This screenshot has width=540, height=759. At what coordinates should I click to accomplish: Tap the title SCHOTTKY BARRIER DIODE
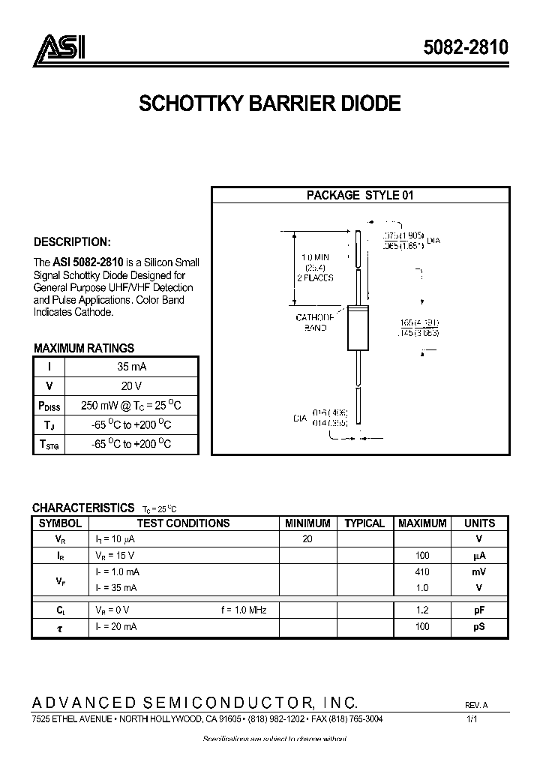269,103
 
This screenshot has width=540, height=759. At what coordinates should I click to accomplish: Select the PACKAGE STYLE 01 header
360,195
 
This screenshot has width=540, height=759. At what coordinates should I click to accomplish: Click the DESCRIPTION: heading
72,242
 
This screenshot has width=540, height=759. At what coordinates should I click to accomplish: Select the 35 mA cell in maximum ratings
131,367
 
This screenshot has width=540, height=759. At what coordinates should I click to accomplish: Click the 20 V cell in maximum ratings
131,386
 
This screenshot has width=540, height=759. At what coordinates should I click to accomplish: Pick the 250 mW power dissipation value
131,406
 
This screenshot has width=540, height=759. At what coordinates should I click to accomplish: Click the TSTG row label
48,445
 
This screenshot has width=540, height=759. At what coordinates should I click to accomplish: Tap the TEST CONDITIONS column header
183,523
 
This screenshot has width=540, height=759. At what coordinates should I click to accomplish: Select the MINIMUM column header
307,523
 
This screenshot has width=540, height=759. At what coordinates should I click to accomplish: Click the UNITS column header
479,523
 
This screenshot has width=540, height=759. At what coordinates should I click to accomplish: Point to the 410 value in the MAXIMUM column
423,571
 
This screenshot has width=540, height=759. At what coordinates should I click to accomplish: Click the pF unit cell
479,610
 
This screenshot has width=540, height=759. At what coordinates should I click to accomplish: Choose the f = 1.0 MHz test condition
244,610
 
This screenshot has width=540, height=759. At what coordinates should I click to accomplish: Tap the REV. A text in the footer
476,706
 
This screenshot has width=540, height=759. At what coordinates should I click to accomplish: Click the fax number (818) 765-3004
358,719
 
